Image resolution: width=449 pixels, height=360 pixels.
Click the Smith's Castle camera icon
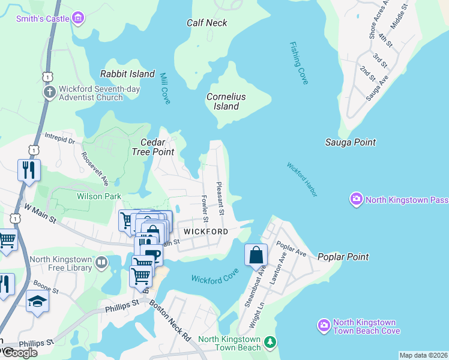77,19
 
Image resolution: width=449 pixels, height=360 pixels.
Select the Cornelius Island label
226,101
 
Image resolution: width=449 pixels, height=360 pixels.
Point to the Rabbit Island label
127,74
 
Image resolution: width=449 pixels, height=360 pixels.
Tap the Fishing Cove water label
298,62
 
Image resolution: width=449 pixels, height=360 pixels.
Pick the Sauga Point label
351,142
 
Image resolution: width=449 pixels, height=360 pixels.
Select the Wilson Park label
99,196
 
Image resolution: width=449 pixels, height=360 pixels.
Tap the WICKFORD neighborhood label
206,231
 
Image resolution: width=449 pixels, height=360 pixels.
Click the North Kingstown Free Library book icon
101,262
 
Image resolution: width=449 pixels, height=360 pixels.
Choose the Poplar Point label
343,257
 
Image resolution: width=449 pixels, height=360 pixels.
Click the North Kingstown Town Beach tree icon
271,341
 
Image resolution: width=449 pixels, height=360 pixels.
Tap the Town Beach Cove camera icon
324,326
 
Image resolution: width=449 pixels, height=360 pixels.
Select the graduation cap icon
37,301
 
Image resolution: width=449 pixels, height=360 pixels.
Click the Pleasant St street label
220,199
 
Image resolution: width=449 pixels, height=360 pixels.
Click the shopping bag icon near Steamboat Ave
256,254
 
